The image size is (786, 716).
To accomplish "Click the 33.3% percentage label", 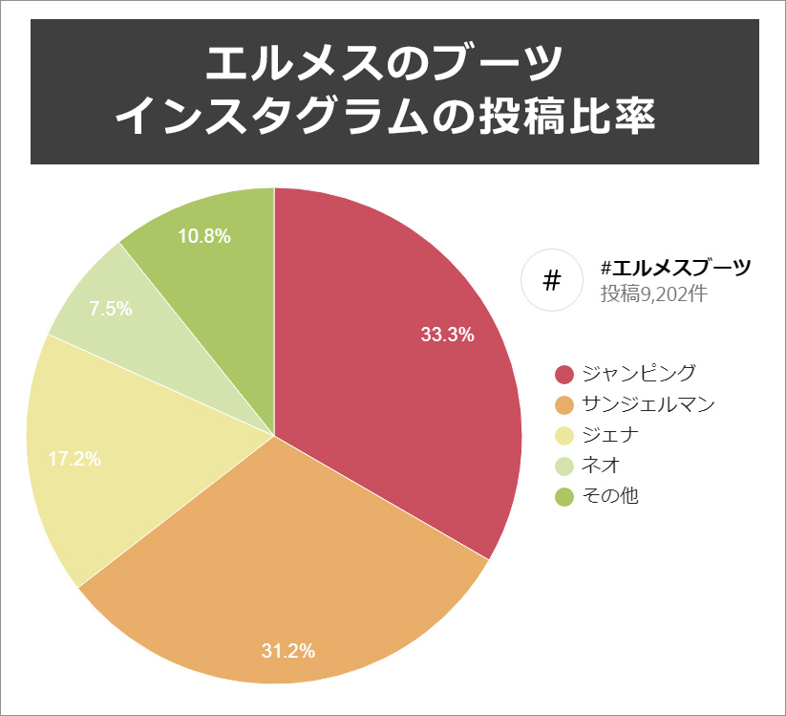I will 448,335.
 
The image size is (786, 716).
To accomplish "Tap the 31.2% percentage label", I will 288,651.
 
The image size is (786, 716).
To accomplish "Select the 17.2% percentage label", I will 74,459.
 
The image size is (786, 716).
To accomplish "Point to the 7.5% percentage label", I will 110,309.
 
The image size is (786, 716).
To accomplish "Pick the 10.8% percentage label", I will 204,236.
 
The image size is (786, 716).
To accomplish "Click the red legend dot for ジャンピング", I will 563,374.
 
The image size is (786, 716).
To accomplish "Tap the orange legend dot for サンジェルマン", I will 563,404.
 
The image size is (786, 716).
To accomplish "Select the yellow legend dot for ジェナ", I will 563,435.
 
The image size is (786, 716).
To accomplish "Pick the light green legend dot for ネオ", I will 563,466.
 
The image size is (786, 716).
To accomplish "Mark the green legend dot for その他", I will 563,496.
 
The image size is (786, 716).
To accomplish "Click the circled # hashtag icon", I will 551,280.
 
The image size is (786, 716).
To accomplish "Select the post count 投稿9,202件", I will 653,293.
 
